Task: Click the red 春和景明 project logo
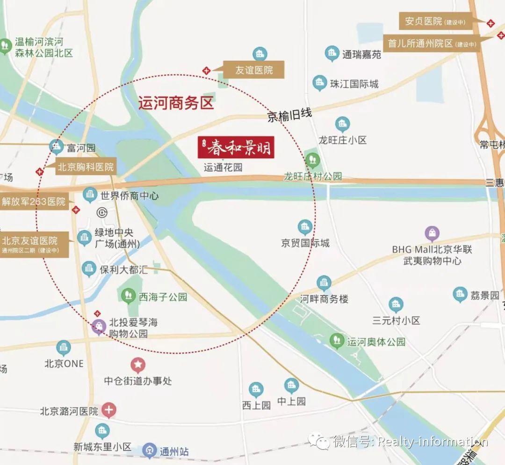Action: pyautogui.click(x=235, y=148)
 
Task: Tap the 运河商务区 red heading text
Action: pyautogui.click(x=176, y=103)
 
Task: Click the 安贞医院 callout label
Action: pyautogui.click(x=435, y=21)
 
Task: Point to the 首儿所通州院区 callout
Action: pyautogui.click(x=432, y=43)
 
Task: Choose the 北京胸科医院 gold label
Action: pyautogui.click(x=86, y=167)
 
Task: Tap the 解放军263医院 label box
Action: pyautogui.click(x=34, y=202)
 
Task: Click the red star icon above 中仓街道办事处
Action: pyautogui.click(x=138, y=365)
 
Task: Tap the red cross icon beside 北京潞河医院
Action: pyautogui.click(x=109, y=411)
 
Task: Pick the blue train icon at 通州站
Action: pyautogui.click(x=150, y=451)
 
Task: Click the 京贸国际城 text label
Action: pyautogui.click(x=305, y=243)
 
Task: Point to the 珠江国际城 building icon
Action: pyautogui.click(x=320, y=84)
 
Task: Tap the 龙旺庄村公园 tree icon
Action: pyautogui.click(x=312, y=159)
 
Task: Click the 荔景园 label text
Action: pyautogui.click(x=485, y=296)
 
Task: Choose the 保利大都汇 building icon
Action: pyautogui.click(x=89, y=269)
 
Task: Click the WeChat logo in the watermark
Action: pyautogui.click(x=319, y=440)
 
